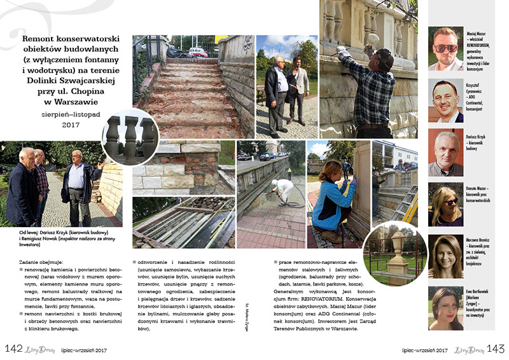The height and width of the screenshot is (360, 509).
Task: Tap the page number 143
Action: pos(495,349)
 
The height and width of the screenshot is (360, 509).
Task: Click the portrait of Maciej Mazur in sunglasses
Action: pos(445,48)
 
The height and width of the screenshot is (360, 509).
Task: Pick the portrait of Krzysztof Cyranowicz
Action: pos(445,100)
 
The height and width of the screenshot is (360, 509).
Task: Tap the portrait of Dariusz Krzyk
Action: pos(445,153)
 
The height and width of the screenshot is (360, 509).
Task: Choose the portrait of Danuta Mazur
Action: pos(445,205)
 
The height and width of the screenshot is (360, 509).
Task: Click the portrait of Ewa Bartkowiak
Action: pos(445,308)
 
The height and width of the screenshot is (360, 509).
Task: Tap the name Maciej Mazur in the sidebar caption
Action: pos(477,31)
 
